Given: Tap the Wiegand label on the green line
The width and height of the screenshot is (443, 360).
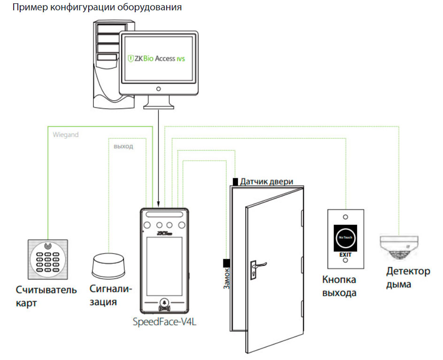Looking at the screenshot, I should click(65, 135).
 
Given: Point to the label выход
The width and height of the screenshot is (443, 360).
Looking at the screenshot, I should click(123, 146).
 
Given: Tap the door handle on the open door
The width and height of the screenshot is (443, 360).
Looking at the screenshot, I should click(258, 266).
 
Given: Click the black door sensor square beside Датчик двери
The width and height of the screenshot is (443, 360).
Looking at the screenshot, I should click(235, 181).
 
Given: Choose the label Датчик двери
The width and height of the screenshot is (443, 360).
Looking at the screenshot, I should click(267, 181).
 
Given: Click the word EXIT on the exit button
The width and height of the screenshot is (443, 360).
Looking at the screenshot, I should click(345, 254).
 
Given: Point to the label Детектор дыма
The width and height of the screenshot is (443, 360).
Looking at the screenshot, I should click(408, 278).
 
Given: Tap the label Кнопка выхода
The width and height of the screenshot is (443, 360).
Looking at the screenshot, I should click(339, 286).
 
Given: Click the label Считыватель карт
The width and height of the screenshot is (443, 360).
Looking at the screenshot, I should click(46, 296).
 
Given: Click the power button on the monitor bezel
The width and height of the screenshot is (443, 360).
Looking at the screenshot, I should click(159, 89).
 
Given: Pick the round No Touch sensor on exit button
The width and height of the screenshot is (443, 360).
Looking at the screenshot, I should click(345, 237).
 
